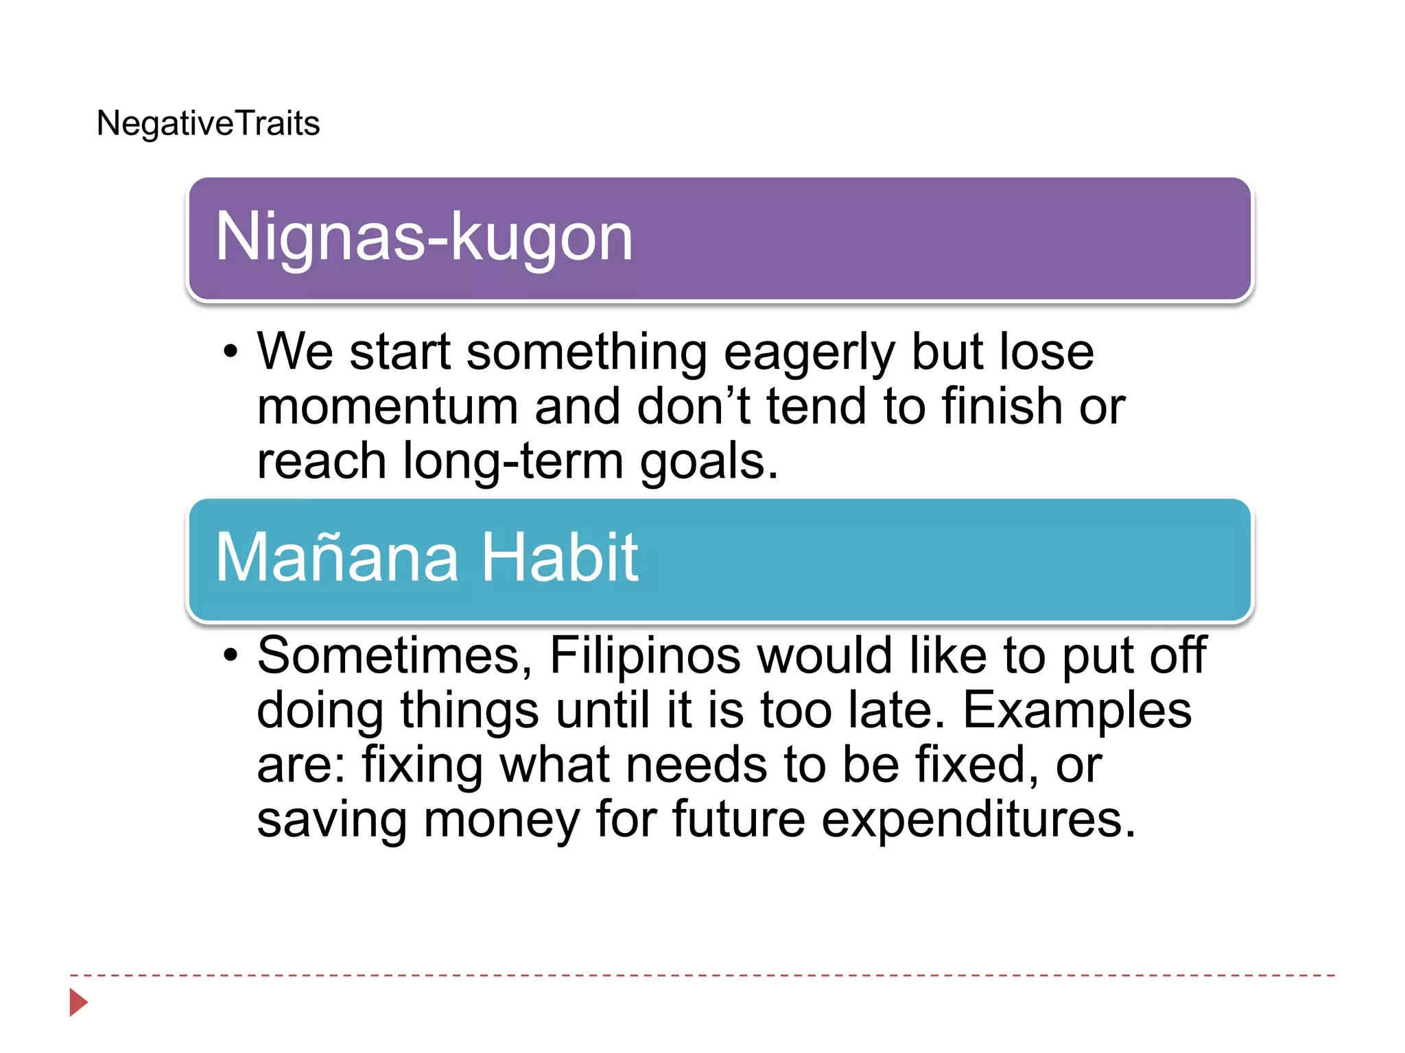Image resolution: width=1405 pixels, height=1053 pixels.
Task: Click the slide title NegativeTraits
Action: click(x=208, y=123)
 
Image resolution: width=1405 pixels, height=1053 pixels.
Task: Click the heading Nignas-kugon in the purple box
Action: click(x=423, y=237)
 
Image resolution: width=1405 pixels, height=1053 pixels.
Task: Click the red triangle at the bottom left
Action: click(x=78, y=1002)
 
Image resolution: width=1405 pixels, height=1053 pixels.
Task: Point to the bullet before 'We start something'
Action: click(x=231, y=352)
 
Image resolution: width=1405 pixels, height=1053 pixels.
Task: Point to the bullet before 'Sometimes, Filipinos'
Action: click(x=231, y=655)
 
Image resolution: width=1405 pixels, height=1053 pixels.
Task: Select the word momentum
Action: click(x=388, y=407)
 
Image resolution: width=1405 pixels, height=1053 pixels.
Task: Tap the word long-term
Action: click(x=512, y=461)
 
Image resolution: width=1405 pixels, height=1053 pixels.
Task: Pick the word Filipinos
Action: click(x=645, y=655)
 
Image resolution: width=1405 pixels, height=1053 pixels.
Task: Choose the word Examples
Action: click(x=1077, y=710)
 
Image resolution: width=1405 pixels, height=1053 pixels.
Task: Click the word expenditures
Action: click(x=978, y=821)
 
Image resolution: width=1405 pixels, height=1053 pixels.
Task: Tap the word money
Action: click(x=501, y=821)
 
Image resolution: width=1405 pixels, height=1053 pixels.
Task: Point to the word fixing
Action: click(x=422, y=766)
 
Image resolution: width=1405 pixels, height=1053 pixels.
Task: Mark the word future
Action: click(x=738, y=819)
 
